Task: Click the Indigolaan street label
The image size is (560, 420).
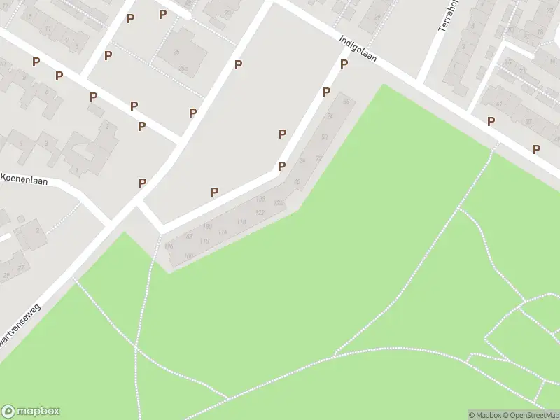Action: click(x=357, y=49)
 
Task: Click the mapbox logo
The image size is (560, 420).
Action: click(x=31, y=411)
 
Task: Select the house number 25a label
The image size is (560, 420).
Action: click(x=183, y=68)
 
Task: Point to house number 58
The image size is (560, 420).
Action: click(x=346, y=101)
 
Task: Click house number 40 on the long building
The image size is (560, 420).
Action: click(x=297, y=182)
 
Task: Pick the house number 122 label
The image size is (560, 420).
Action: click(x=260, y=212)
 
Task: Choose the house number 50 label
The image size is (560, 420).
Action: click(x=324, y=136)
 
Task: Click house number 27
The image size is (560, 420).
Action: click(x=21, y=267)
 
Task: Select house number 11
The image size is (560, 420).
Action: click(x=48, y=29)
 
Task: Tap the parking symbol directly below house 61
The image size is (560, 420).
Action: click(x=491, y=121)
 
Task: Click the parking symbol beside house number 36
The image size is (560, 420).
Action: click(x=281, y=166)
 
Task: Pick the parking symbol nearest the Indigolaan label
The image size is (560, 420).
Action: click(x=344, y=64)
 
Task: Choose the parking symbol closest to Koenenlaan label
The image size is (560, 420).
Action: click(x=142, y=183)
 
